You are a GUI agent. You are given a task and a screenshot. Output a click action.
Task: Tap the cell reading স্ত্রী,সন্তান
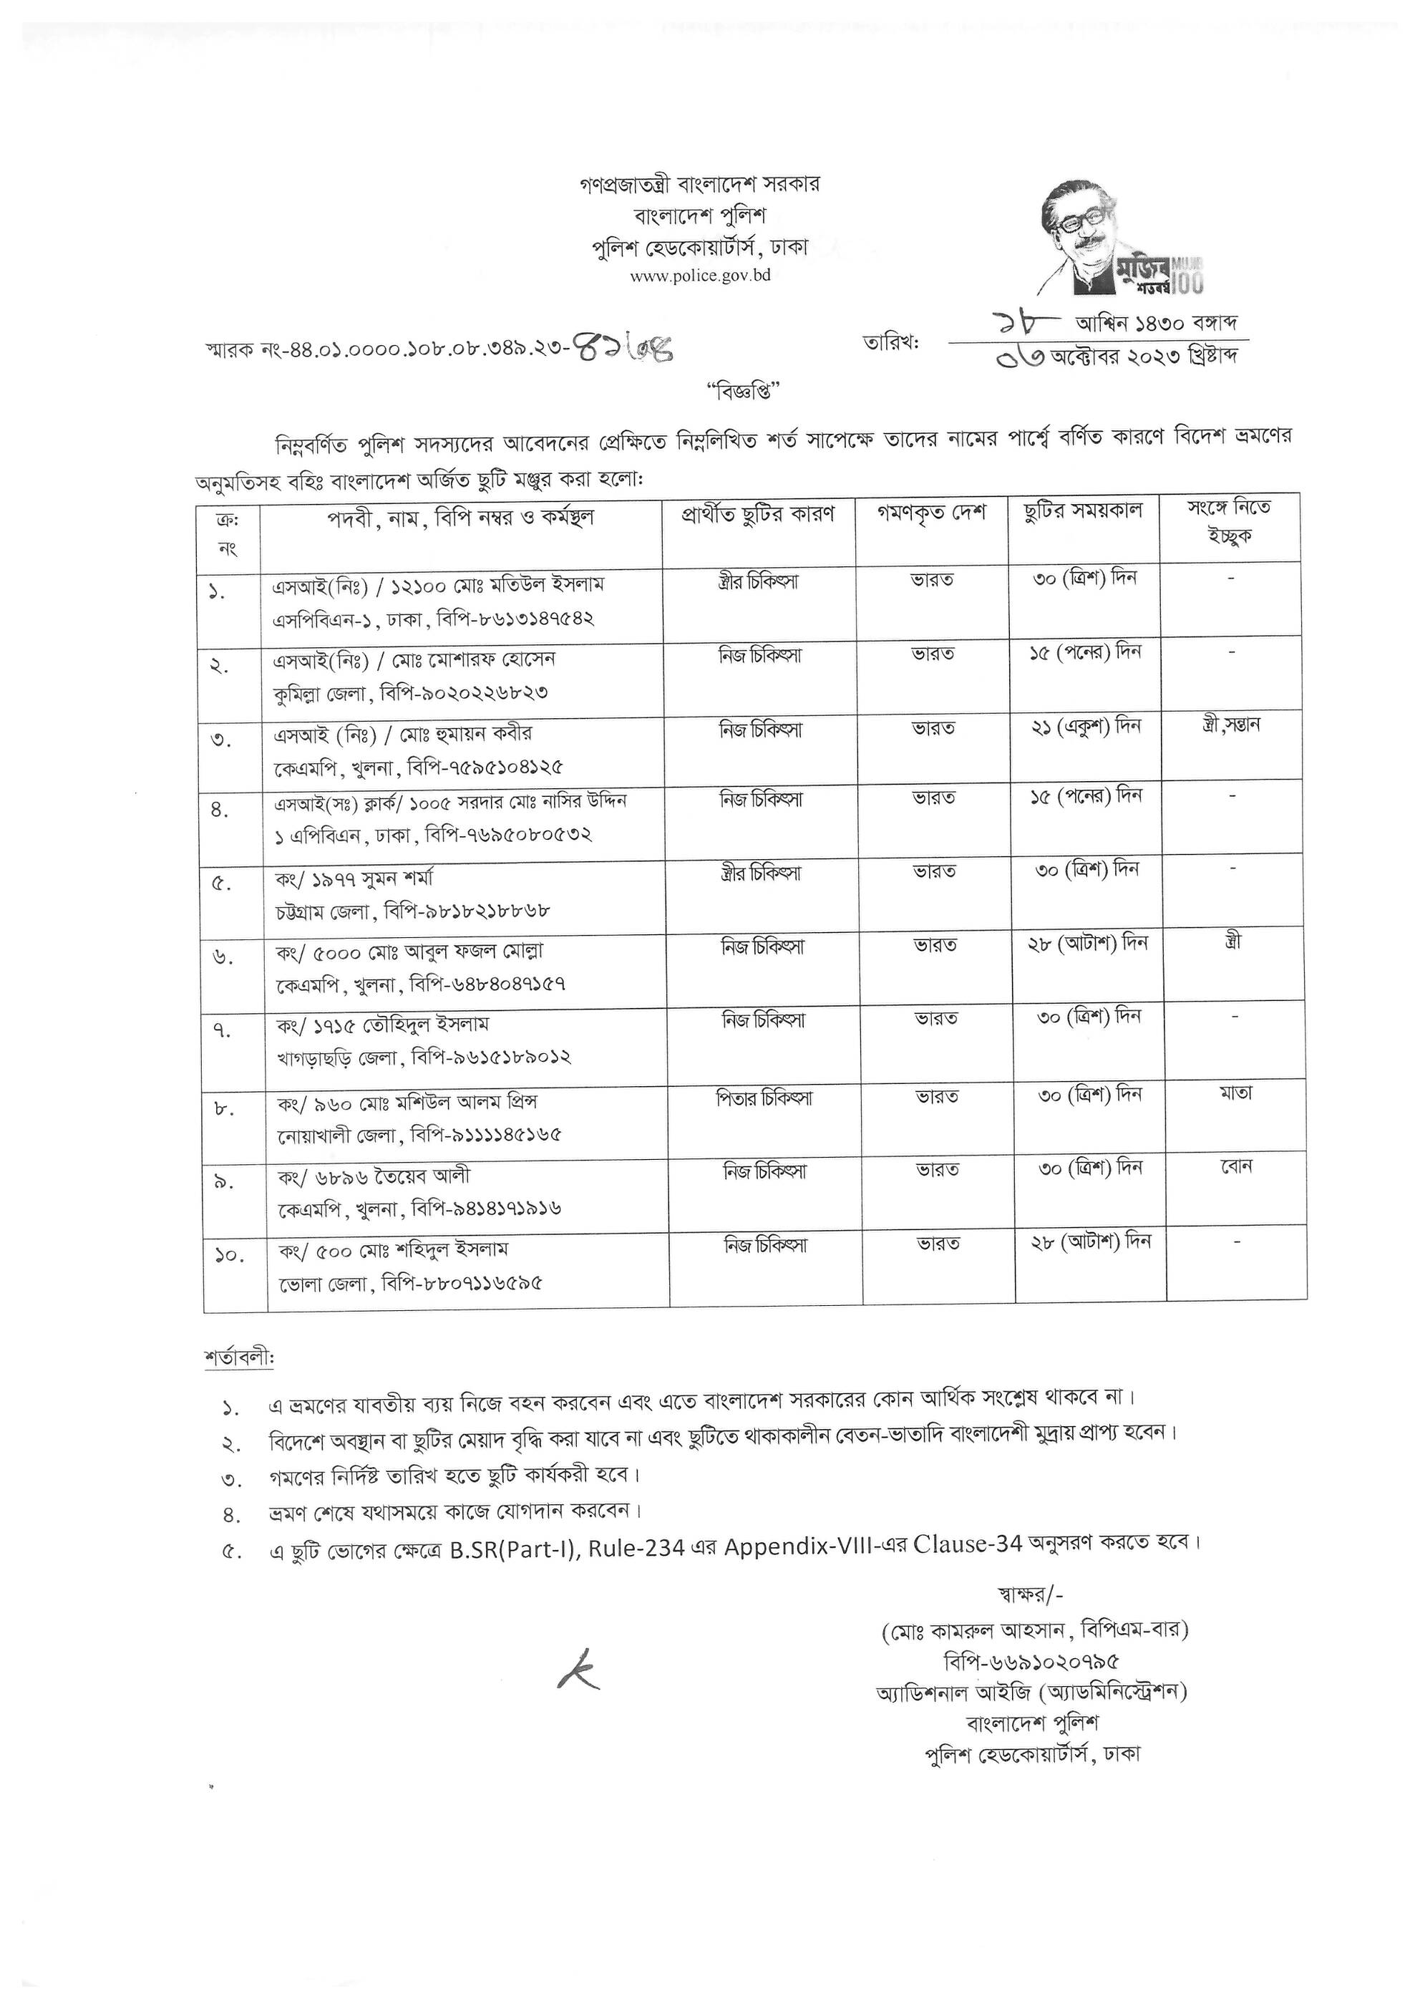tap(1231, 725)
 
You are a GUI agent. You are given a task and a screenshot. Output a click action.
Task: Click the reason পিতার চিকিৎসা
tap(764, 1098)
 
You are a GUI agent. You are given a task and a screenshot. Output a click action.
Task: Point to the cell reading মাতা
tap(1235, 1094)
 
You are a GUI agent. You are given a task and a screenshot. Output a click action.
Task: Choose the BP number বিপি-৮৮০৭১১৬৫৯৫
tap(462, 1284)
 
